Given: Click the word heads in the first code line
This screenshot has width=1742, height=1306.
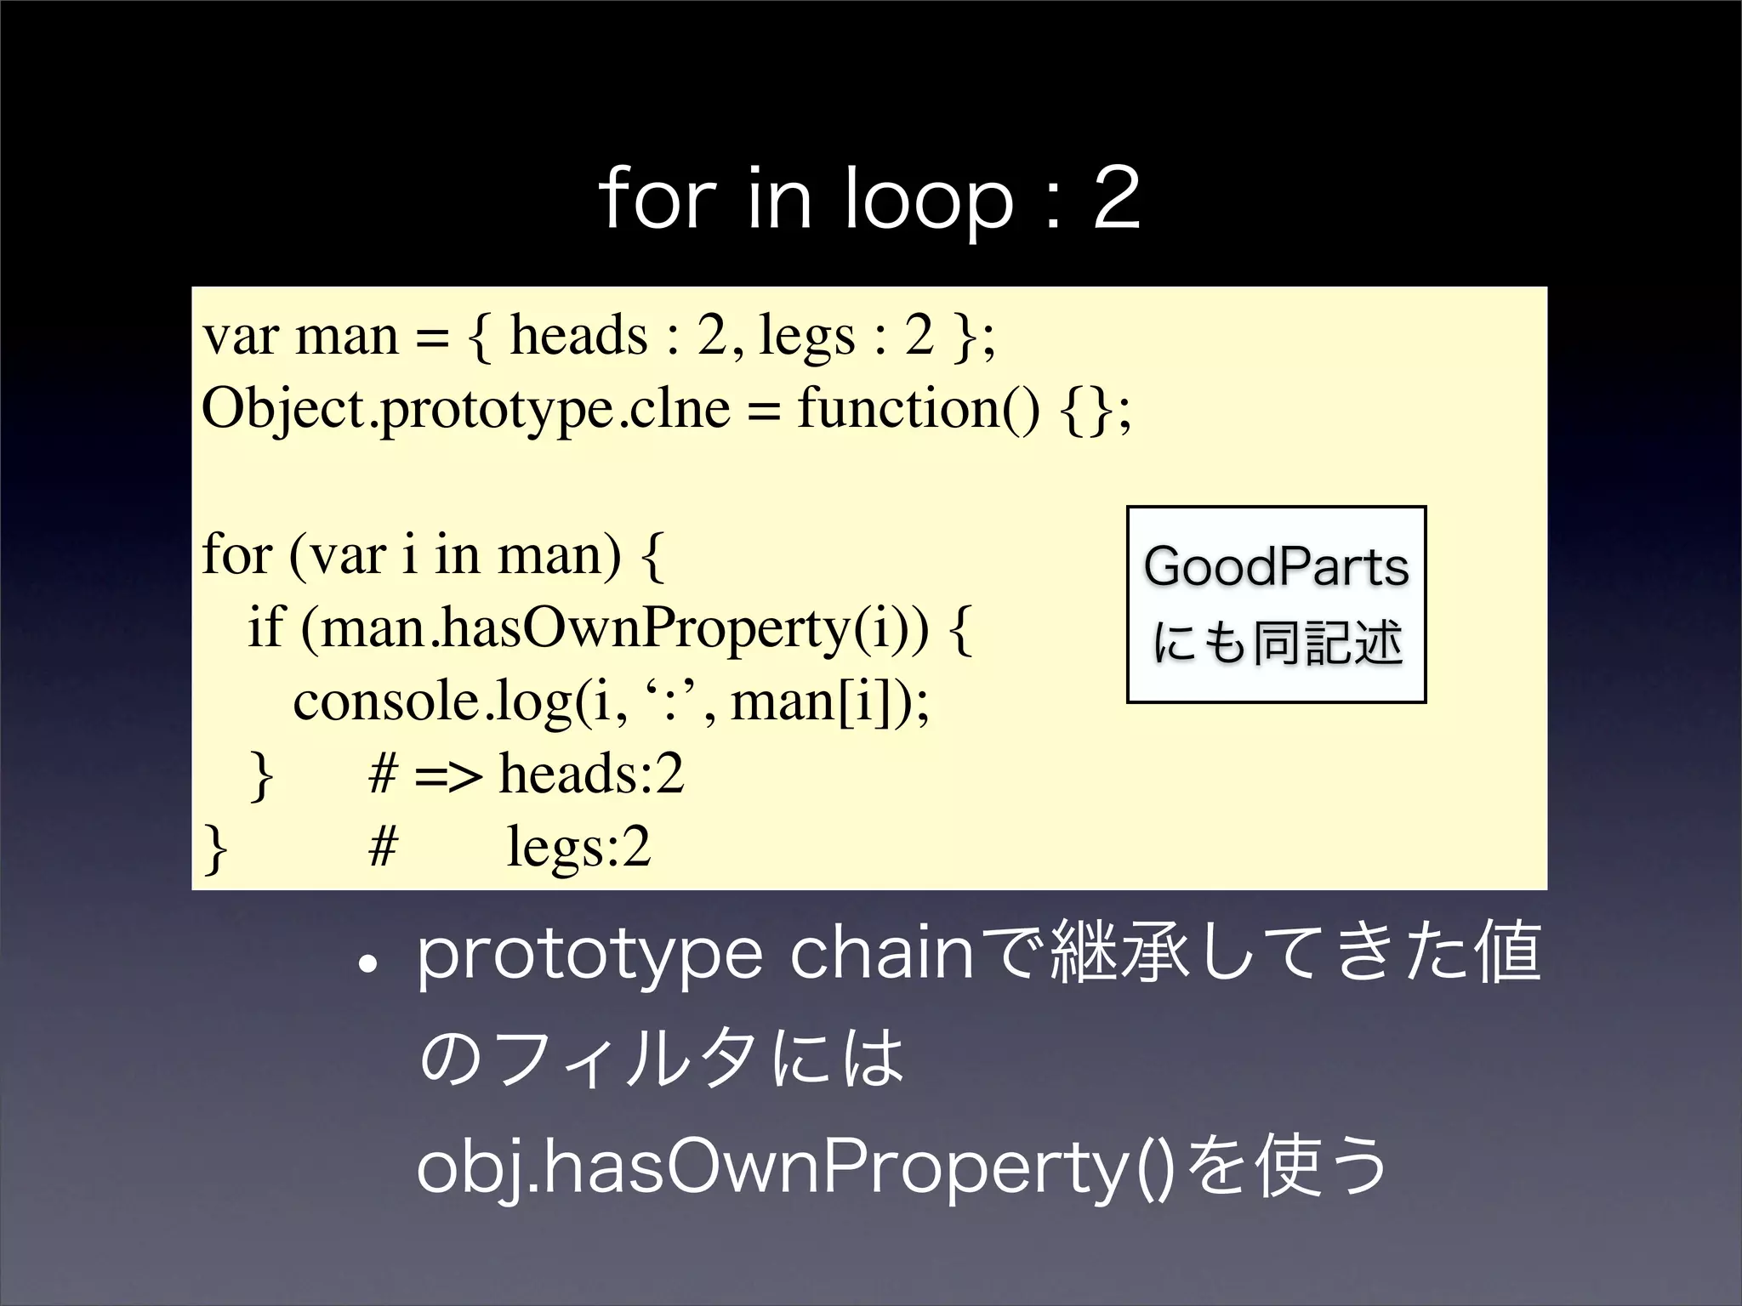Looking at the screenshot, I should (578, 335).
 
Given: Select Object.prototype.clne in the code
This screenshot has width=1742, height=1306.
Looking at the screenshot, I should (465, 410).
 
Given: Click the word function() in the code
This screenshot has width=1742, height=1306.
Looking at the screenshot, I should (918, 410).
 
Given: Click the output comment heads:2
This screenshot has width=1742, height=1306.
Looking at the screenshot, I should (591, 774).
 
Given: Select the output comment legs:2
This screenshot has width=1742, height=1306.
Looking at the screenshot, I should (578, 848).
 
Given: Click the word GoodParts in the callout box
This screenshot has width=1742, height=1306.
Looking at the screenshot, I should (1276, 567).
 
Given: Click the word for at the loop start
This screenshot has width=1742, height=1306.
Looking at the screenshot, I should (236, 556).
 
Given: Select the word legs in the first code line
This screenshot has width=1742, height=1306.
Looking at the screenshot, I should (806, 337).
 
